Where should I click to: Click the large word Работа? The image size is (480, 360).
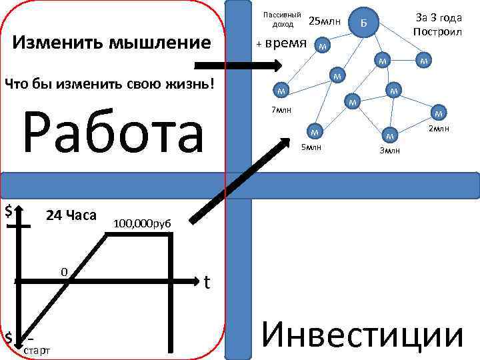(x=113, y=133)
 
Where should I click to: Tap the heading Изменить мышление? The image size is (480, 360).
(x=113, y=44)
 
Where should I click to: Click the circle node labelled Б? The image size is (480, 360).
(x=363, y=24)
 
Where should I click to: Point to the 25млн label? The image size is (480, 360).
(x=325, y=21)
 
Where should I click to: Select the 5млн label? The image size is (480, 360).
(x=311, y=146)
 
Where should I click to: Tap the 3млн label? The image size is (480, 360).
(x=390, y=151)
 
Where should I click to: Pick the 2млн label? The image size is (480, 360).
(x=439, y=128)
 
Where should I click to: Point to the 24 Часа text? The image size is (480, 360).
(x=71, y=215)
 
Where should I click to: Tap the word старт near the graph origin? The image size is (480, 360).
(x=37, y=351)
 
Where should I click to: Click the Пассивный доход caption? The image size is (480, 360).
(x=282, y=19)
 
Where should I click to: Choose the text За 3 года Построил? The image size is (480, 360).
(x=437, y=25)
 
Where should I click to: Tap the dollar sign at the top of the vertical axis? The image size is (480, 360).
(x=9, y=211)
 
